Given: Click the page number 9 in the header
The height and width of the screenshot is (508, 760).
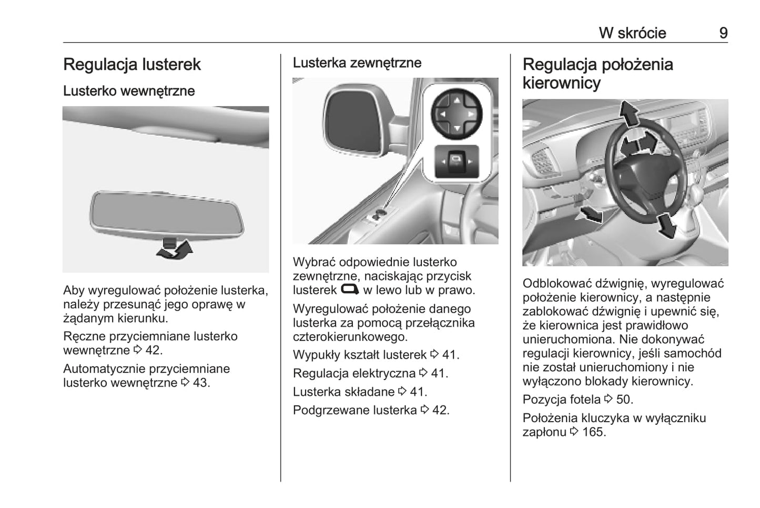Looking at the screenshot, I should coord(723,33).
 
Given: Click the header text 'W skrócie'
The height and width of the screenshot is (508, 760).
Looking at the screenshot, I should coord(632,33).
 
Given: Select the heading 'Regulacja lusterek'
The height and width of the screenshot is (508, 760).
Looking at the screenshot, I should coord(132,65).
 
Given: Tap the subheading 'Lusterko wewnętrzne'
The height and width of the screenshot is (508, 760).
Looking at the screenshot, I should coord(129,91).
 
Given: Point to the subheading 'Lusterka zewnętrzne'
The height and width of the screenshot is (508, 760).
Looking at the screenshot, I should coord(357,63).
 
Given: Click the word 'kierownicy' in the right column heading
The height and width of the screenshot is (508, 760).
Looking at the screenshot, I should coord(561,83).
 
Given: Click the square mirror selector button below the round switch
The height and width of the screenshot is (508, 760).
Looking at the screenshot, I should coord(457,161).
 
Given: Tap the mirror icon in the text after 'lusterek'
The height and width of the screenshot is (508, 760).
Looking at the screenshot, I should coord(350,290).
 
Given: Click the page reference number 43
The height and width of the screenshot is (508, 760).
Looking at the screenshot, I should coord(200,383).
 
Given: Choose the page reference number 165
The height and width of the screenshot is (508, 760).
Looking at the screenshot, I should coord(594,432).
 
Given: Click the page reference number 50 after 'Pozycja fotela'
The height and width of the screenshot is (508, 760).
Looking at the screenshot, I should coord(624,400).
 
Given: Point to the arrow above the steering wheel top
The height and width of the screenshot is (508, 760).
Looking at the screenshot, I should coord(629,112).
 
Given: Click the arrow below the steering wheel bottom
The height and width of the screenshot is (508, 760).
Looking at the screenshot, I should coord(666,226).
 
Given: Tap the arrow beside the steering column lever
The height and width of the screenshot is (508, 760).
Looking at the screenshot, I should coord(590,214).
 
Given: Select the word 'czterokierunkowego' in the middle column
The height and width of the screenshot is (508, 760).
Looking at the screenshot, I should coord(349,337).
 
